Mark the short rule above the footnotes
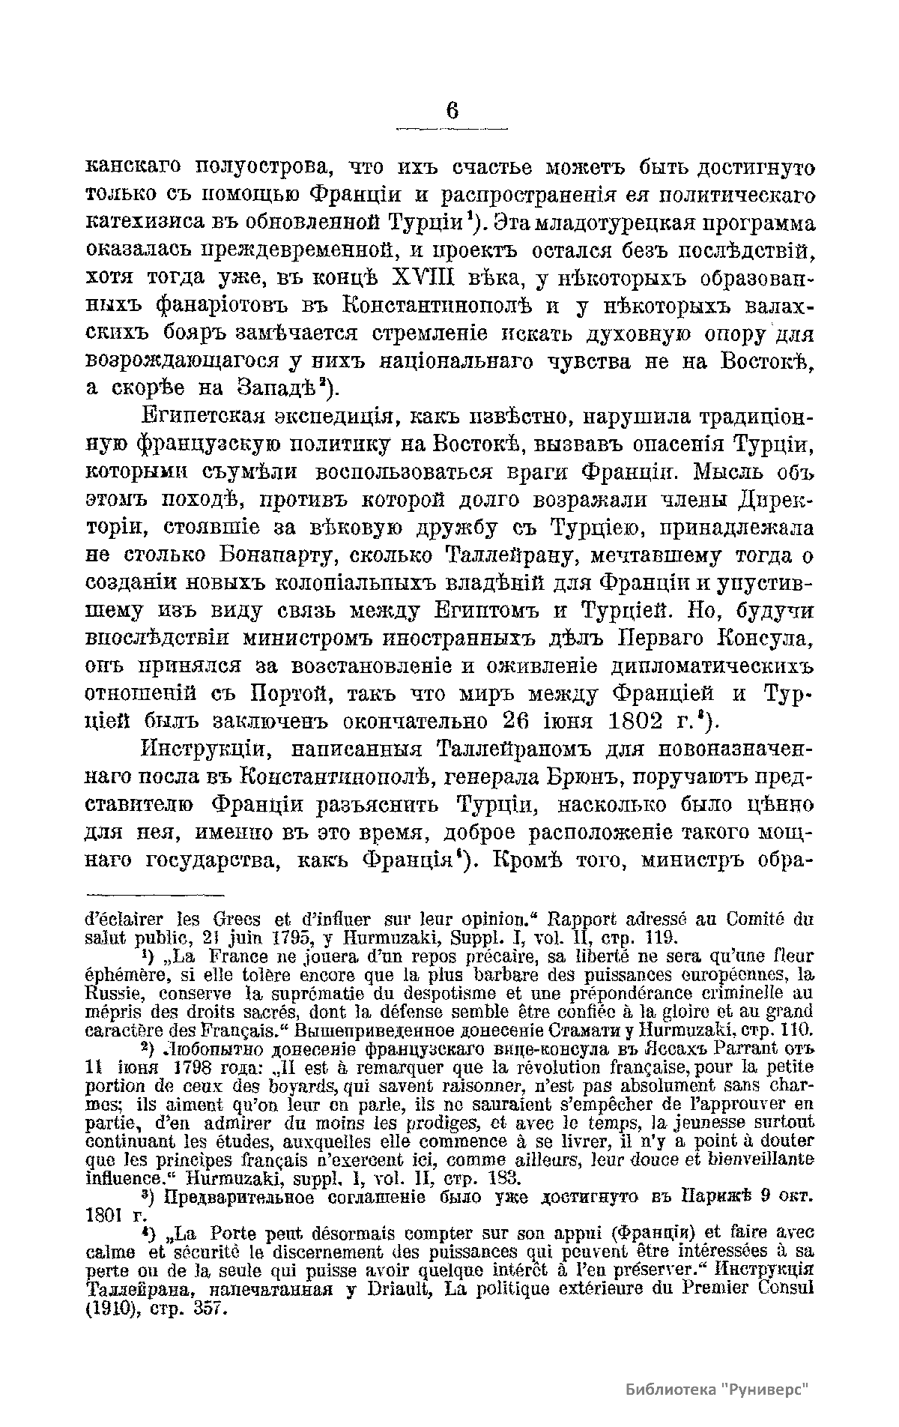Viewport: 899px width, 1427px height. [155, 893]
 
